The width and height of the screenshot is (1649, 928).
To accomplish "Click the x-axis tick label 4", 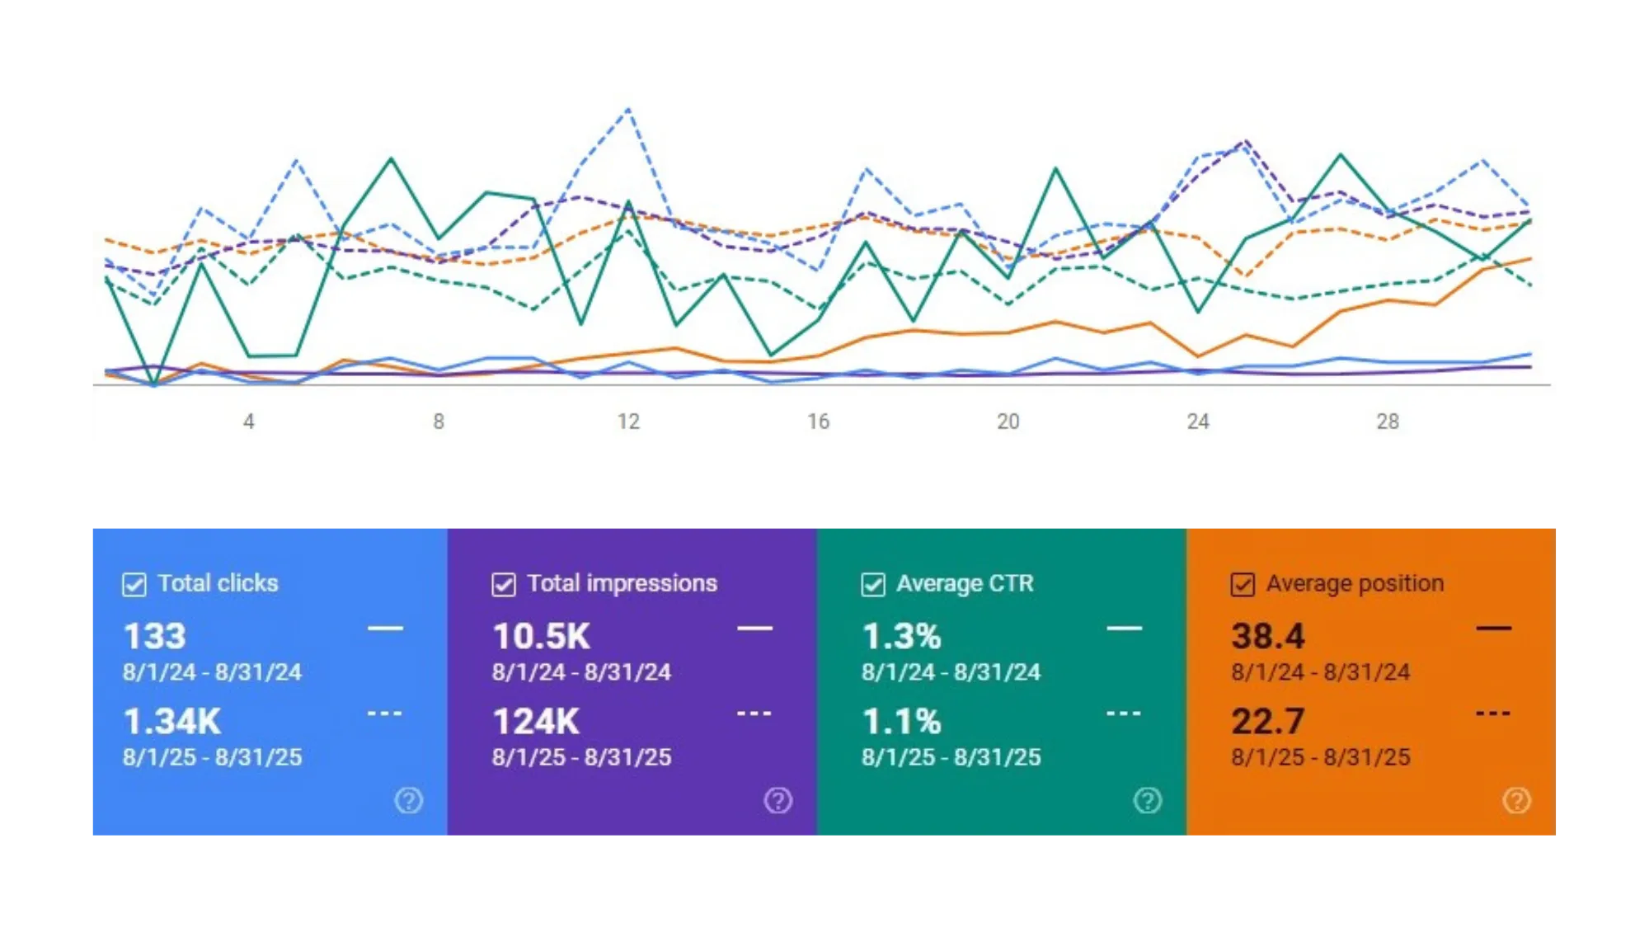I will click(x=249, y=422).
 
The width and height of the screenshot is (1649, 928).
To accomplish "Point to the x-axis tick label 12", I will click(x=628, y=422).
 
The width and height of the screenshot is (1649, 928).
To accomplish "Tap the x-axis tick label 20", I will click(x=1008, y=422).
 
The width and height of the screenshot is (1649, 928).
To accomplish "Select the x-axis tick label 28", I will click(x=1388, y=422).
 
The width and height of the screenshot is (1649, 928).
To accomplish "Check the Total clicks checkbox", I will click(x=134, y=584).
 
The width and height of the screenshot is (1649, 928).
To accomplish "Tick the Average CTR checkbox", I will click(x=873, y=584).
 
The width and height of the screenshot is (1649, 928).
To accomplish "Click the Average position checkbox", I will click(x=1243, y=584).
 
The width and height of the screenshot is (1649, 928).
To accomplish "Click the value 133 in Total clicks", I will click(x=155, y=636).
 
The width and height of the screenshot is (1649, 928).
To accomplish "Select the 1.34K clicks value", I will click(x=172, y=722).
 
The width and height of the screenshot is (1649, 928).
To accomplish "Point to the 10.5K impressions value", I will click(x=542, y=636).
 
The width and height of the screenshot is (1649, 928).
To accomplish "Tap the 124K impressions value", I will click(x=536, y=722).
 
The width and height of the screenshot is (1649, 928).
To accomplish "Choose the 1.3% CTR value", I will click(x=901, y=636).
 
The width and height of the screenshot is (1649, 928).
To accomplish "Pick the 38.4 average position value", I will click(x=1268, y=636).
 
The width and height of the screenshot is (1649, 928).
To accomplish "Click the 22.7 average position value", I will click(x=1268, y=722).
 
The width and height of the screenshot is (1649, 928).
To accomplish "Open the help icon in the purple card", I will click(x=778, y=800).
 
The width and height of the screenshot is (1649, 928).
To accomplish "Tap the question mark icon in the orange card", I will click(x=1516, y=800).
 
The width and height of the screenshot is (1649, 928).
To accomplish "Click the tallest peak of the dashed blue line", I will click(x=628, y=109).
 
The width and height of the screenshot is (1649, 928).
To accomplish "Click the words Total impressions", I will click(x=622, y=583).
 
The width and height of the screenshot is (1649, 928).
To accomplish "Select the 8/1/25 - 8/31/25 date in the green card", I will click(x=951, y=757).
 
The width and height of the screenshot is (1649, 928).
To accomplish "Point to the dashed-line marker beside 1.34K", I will click(x=385, y=714).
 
